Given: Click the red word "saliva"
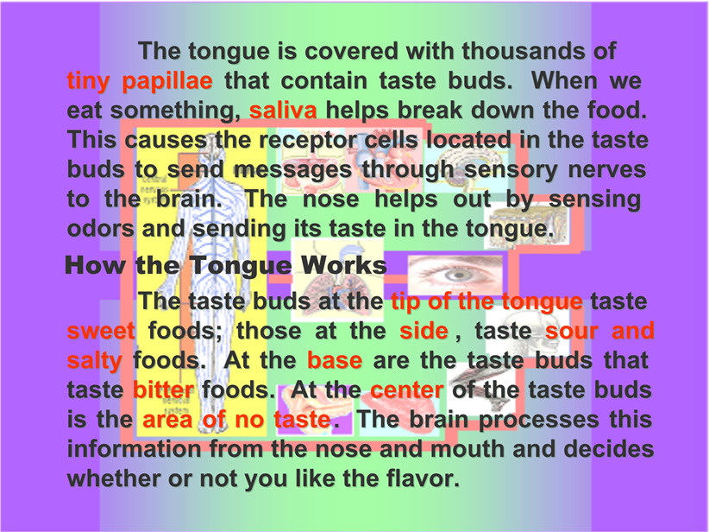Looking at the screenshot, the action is click(283, 110).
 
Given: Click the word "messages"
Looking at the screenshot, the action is click(292, 170).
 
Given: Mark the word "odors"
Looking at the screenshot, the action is click(100, 228).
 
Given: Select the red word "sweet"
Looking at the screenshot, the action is click(101, 331).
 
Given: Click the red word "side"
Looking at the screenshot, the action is click(424, 331).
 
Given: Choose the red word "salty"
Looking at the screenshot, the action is click(95, 360).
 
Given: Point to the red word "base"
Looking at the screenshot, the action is click(335, 360).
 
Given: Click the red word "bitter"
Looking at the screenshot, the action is click(163, 389).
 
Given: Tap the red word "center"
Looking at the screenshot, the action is click(406, 389).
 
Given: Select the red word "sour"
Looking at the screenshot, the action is click(572, 331).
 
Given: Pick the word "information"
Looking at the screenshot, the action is click(135, 449).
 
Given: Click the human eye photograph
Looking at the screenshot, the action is click(455, 275).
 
